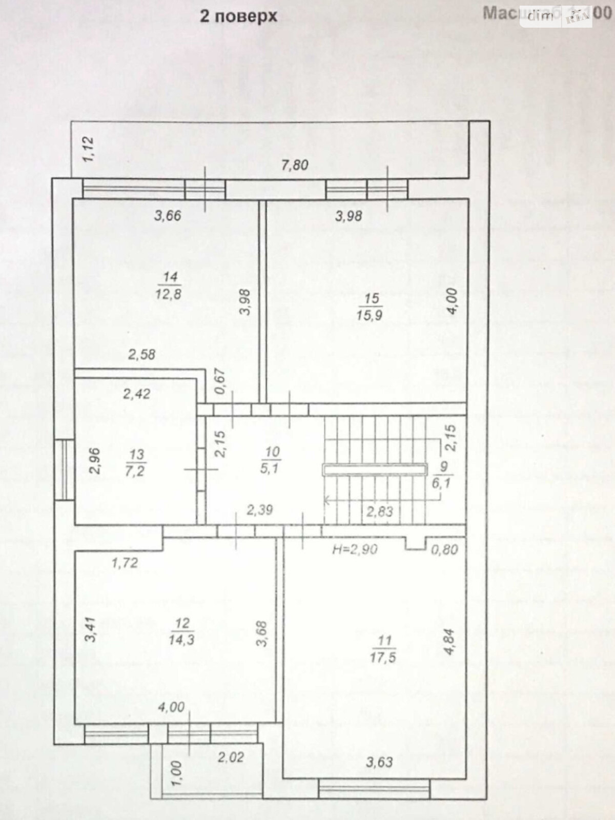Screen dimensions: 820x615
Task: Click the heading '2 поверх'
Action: pos(238,16)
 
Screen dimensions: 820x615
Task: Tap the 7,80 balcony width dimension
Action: pos(295,165)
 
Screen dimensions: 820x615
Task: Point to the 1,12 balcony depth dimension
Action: pos(89,149)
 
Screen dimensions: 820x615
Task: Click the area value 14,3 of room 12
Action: pos(181,640)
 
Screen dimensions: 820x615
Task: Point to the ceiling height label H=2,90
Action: pos(355,549)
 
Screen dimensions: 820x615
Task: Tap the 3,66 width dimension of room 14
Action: pos(168,215)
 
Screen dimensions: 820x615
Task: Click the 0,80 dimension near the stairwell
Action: pos(444,549)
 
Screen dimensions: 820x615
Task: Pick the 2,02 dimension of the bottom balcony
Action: pos(231,757)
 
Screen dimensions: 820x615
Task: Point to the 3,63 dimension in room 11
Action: pos(379,762)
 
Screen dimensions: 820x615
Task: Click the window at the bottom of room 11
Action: pos(374,789)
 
